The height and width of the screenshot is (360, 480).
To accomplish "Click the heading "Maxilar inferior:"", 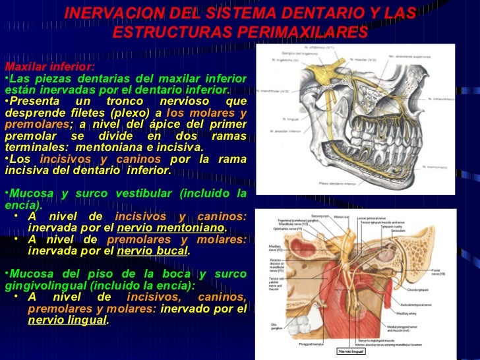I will point(50,67).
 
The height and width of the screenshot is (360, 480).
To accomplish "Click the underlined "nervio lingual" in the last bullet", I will point(67,320).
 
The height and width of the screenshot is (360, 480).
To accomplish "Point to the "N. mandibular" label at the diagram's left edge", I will point(272,91).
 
